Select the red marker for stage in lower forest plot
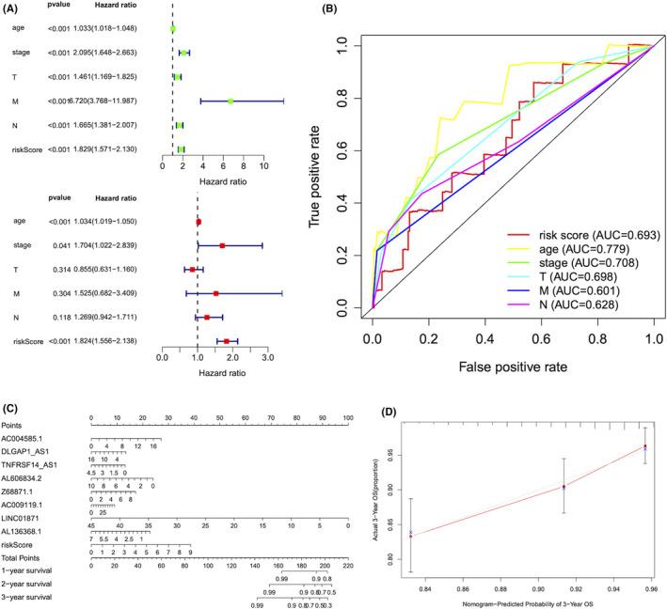pos(222,245)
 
